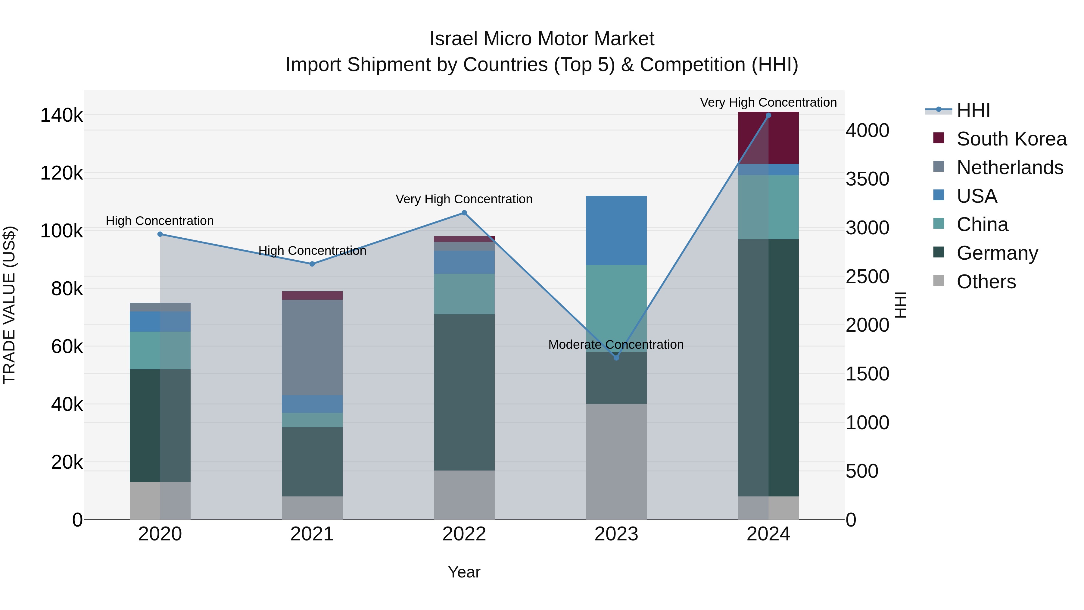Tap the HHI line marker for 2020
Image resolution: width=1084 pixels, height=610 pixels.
[x=160, y=234]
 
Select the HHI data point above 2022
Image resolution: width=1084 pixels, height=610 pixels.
[x=464, y=213]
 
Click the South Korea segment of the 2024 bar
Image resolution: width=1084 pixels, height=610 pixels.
[x=768, y=138]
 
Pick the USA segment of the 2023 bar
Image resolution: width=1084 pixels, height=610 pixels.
[x=616, y=230]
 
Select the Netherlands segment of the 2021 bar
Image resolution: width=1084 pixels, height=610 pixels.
[x=312, y=347]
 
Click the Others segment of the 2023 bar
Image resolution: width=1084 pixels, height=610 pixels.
[x=616, y=461]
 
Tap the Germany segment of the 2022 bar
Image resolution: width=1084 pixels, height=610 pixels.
[x=464, y=392]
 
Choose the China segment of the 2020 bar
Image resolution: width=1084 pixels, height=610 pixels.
[x=160, y=350]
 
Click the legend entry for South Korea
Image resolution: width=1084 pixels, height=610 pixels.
[x=1011, y=139]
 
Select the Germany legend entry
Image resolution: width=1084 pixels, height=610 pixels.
[x=997, y=253]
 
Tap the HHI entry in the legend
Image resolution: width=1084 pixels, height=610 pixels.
[x=973, y=110]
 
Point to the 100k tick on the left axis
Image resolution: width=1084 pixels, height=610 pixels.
[x=61, y=231]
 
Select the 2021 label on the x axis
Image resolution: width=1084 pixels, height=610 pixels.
[x=312, y=534]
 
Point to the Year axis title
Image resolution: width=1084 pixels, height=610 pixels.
[x=464, y=572]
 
